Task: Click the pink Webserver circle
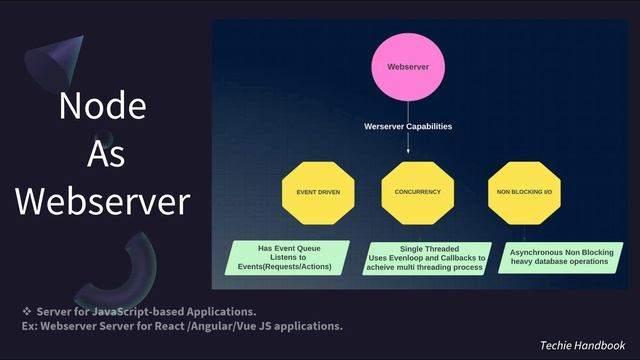click(x=407, y=68)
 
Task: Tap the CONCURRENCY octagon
click(x=417, y=190)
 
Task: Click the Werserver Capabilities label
click(x=407, y=127)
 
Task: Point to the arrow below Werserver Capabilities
click(x=408, y=144)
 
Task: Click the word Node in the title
click(x=102, y=106)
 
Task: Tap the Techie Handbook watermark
click(x=582, y=343)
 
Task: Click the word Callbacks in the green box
click(x=455, y=257)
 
